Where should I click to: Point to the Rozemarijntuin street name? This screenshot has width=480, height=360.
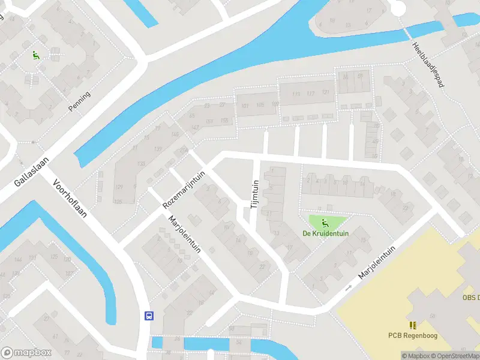(x=184, y=189)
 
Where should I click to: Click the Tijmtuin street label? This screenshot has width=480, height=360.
(x=254, y=194)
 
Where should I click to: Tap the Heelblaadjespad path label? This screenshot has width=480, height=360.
(x=427, y=66)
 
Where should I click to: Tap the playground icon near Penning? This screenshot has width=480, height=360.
(x=35, y=55)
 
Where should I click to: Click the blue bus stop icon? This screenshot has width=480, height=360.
(x=148, y=316)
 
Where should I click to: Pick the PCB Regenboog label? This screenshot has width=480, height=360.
(x=413, y=335)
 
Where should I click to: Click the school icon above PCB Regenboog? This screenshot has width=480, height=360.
(x=413, y=325)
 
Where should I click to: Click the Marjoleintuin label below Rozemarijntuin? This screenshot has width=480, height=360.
(x=185, y=241)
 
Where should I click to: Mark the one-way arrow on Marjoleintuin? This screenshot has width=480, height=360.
(x=348, y=287)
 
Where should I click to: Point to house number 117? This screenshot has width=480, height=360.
(x=310, y=94)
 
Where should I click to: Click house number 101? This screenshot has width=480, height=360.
(x=244, y=106)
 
